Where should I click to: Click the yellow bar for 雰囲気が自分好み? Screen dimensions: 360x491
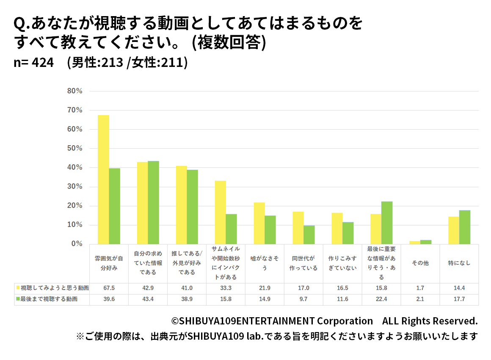tap(103, 180)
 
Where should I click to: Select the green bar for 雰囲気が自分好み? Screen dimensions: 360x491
tap(114, 206)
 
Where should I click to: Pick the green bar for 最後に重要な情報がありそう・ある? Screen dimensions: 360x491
tap(387, 223)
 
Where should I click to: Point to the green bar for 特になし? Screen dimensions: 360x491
tap(465, 227)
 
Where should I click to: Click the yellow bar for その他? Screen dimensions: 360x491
tap(415, 242)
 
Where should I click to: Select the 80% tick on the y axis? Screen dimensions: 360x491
tap(74, 91)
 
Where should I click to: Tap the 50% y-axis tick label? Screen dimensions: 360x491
tap(74, 148)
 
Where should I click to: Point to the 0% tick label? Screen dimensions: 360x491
tap(77, 244)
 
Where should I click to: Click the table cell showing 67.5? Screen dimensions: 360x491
tap(109, 288)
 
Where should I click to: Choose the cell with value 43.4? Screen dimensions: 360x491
tap(148, 299)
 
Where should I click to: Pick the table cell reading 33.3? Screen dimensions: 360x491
tap(226, 288)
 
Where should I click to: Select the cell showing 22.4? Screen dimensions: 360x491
tap(381, 299)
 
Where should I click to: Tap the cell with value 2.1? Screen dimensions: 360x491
tap(420, 299)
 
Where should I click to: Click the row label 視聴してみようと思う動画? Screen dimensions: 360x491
tap(55, 288)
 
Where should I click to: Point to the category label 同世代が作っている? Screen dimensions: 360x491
tap(303, 263)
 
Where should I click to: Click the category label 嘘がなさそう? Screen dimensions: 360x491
tap(265, 263)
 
